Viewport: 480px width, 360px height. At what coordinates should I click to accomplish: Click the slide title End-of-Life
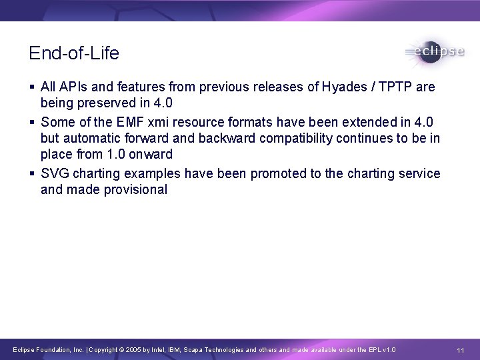coord(74,53)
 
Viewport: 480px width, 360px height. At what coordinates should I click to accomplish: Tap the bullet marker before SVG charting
coord(32,173)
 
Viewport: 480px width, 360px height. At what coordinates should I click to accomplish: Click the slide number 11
coord(460,350)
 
